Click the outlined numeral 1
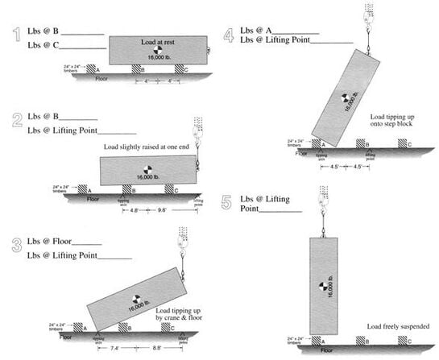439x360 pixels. pos(15,36)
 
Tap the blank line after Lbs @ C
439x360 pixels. pos(83,47)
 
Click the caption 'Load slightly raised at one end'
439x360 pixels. pos(147,147)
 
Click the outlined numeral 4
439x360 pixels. pos(230,34)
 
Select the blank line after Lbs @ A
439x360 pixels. pos(297,33)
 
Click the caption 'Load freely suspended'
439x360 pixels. pos(398,326)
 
